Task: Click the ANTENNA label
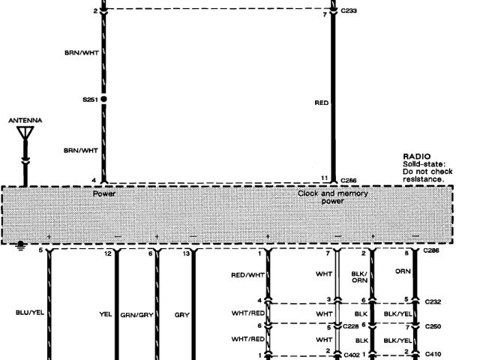point(25,120)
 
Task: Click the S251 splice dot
point(103,98)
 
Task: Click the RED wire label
point(322,101)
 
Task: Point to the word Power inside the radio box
point(103,193)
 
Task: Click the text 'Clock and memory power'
point(333,196)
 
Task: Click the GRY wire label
point(181,315)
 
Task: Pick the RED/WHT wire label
point(248,275)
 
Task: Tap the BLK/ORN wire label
point(360,278)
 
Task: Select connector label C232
point(433,301)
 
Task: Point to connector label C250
point(433,327)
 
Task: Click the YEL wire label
point(105,314)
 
